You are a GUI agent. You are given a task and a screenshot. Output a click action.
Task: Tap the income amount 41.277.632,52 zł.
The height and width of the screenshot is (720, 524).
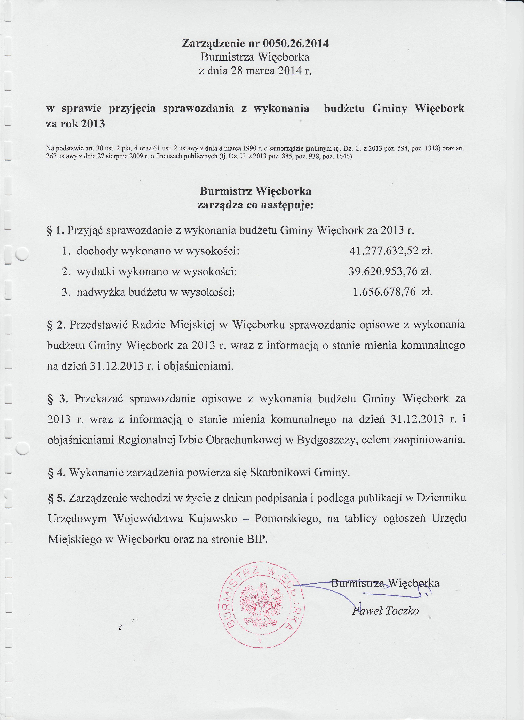pos(391,251)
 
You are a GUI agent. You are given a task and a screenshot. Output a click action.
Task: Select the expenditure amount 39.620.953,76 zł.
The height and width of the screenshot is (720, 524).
pos(390,271)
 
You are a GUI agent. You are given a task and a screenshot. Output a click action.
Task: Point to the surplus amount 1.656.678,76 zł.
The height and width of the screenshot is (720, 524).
pos(393,292)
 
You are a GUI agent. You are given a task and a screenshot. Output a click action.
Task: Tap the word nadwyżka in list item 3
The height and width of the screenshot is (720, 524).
pos(101,292)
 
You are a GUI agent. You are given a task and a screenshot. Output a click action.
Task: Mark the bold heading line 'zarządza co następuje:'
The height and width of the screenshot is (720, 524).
pos(255,205)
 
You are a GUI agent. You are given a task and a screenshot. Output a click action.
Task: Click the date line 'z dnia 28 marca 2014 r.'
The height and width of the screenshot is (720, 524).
pos(255,70)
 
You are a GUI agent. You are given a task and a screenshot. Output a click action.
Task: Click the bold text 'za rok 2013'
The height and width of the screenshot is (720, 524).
pos(76,124)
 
